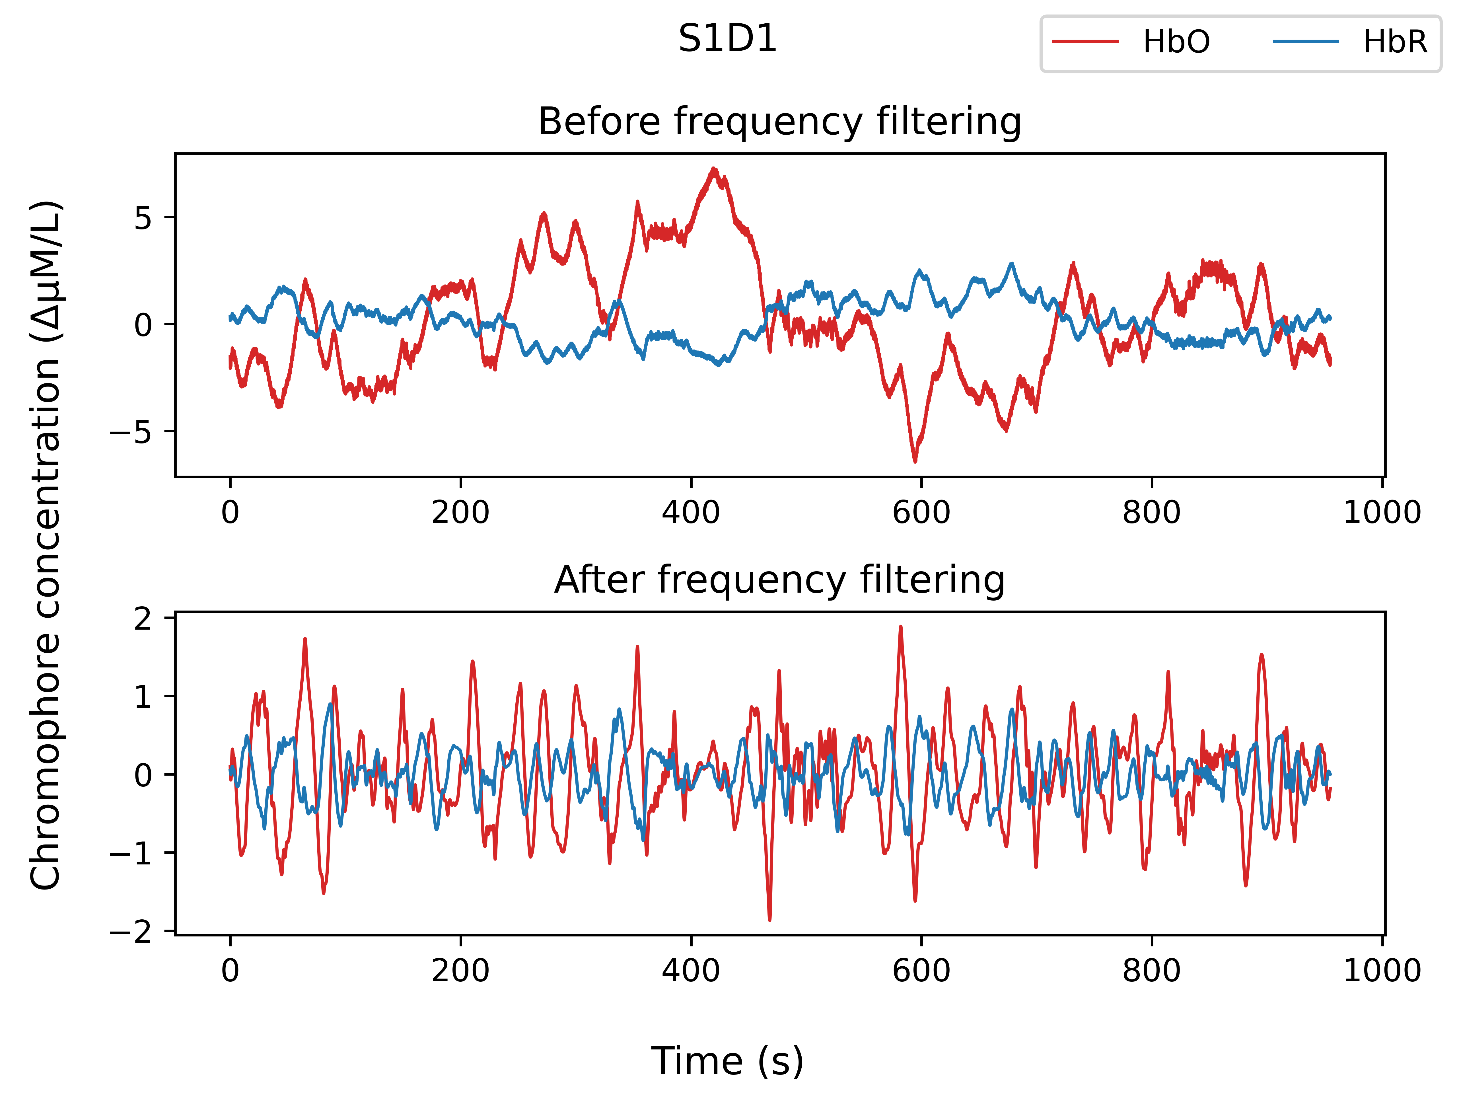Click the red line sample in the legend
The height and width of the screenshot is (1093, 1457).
1086,42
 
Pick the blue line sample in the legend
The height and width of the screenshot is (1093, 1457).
1306,42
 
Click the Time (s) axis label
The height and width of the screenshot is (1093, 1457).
728,1061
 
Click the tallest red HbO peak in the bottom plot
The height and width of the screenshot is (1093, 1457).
900,626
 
